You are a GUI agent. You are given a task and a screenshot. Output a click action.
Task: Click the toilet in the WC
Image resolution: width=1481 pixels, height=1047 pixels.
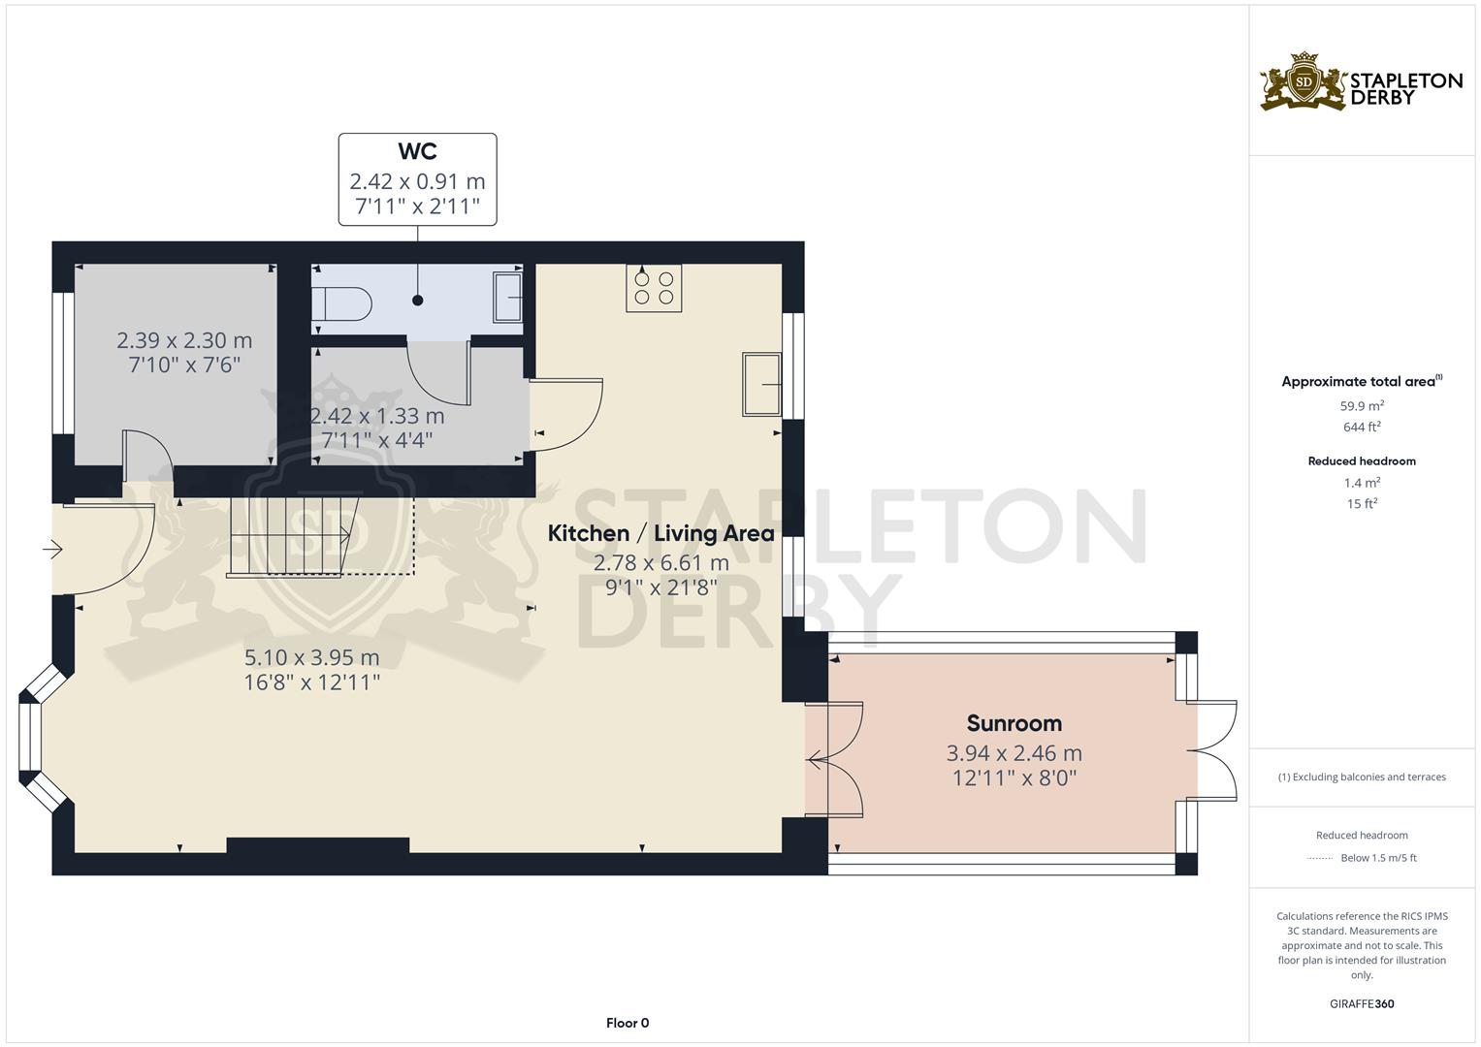(341, 303)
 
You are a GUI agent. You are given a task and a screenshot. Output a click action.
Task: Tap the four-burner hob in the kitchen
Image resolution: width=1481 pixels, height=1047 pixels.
(654, 288)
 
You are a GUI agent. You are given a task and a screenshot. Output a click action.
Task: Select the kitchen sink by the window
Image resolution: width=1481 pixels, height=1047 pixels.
(761, 385)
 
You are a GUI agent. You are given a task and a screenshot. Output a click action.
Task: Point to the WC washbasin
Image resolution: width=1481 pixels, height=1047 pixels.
(508, 298)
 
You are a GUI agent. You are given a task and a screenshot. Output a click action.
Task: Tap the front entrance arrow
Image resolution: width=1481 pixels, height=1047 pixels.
(53, 549)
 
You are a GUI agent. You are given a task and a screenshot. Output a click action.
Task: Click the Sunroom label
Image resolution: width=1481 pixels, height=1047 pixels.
(1014, 723)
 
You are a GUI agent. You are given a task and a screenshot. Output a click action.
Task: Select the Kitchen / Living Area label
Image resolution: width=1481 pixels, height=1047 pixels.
(661, 533)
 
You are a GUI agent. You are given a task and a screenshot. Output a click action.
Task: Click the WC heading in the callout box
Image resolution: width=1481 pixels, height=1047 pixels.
(417, 151)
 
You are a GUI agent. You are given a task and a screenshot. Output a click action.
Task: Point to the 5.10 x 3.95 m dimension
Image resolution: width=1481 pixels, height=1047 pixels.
(312, 657)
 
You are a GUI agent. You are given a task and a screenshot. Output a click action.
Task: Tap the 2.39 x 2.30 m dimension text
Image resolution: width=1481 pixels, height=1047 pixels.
(184, 340)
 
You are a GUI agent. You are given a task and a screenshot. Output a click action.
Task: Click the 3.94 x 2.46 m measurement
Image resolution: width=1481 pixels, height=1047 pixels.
(1014, 753)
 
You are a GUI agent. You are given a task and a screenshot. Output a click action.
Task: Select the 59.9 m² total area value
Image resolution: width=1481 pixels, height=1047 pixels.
(1362, 406)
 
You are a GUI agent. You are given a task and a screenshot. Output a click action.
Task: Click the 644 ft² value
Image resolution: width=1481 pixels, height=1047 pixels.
(1362, 427)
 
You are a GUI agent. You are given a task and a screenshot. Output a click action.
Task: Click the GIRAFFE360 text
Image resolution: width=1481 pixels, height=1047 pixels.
(1362, 1004)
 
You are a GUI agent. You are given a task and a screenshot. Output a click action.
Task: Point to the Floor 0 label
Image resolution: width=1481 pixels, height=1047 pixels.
(628, 1023)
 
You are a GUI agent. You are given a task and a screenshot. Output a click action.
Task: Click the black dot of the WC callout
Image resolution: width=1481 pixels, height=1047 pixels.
(417, 301)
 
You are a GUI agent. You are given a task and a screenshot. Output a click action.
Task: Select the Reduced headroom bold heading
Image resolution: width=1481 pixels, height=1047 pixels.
(1362, 461)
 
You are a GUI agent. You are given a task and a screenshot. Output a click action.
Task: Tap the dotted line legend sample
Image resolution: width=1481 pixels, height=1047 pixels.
(1320, 859)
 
